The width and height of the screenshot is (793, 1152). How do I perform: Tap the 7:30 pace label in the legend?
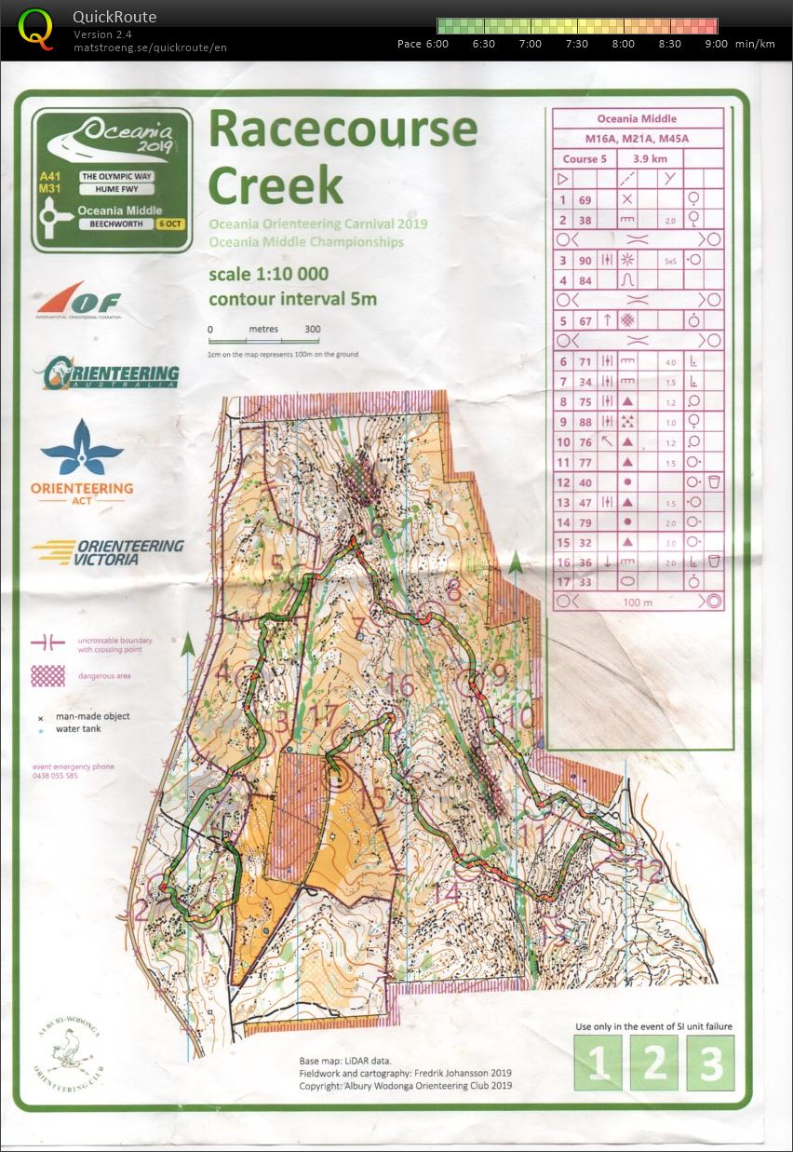[576, 44]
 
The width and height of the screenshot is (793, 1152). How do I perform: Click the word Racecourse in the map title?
[343, 131]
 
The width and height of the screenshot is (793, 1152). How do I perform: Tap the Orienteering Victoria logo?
[107, 551]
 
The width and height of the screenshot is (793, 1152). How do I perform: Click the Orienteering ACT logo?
[82, 460]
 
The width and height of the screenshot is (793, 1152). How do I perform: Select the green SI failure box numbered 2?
[653, 1063]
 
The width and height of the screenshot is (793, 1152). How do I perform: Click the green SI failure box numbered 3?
[710, 1063]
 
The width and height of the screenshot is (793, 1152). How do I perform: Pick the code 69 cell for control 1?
[585, 199]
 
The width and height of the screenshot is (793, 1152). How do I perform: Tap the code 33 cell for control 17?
[585, 582]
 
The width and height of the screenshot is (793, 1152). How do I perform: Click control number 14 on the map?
[448, 891]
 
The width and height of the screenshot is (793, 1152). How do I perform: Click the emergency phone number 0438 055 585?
[56, 775]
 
